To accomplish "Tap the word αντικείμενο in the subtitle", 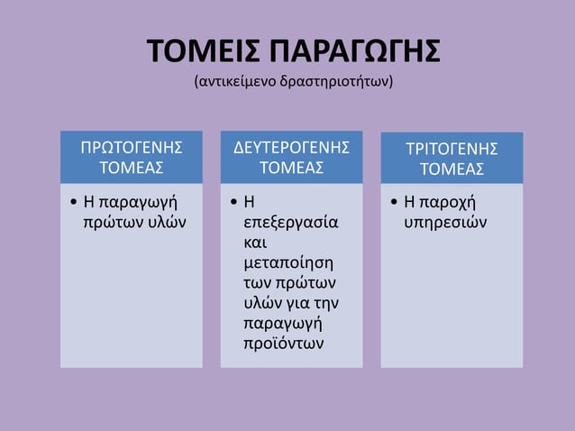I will pyautogui.click(x=235, y=82).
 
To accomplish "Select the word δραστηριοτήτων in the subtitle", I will pyautogui.click(x=339, y=82).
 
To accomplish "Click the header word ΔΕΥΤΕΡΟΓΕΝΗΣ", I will pyautogui.click(x=291, y=147).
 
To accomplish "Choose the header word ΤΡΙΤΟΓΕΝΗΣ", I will pyautogui.click(x=452, y=148).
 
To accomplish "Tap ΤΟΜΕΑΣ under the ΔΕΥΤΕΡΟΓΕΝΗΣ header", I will pyautogui.click(x=291, y=168).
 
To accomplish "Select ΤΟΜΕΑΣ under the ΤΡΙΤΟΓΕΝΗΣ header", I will pyautogui.click(x=452, y=169).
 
